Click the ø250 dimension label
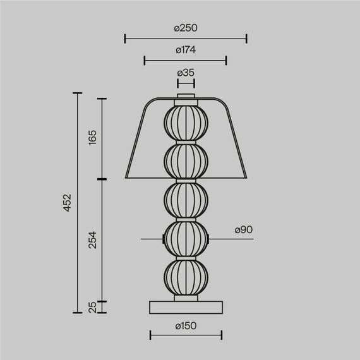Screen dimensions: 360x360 (186, 28)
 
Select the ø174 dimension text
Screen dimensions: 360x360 (186, 50)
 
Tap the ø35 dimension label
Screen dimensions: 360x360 (186, 72)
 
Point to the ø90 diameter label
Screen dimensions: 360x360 (243, 230)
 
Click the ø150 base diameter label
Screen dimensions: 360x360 (186, 326)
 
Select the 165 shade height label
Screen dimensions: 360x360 (93, 138)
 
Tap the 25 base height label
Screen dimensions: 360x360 (93, 307)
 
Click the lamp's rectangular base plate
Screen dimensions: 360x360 (186, 307)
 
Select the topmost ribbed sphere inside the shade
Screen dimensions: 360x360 (186, 123)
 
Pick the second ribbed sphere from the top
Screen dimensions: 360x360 (186, 161)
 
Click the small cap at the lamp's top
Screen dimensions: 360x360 (186, 96)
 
